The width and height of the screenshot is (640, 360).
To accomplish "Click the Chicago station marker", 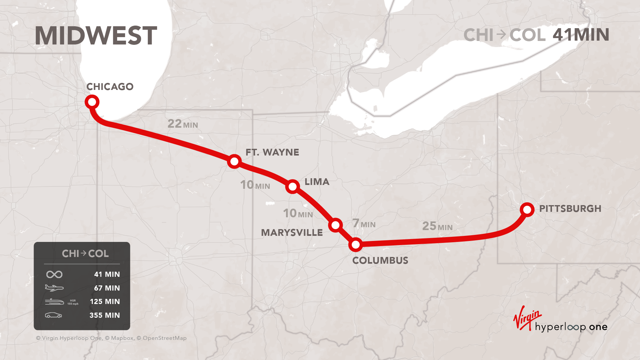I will [92, 102].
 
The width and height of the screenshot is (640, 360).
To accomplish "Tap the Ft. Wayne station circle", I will [234, 161].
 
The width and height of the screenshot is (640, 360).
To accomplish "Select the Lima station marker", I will [292, 187].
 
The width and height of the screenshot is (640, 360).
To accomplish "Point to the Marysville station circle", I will [335, 225].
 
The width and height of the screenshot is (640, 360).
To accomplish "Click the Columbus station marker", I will [356, 245].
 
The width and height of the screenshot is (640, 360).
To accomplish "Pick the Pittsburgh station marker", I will [527, 210].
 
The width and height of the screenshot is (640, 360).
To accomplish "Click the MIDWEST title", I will [96, 36].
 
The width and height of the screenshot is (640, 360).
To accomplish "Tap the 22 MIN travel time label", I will [183, 124].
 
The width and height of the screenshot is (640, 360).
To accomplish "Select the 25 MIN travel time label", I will [437, 226].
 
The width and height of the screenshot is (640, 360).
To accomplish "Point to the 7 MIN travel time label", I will [364, 223].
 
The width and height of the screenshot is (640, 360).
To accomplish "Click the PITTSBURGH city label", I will [570, 209].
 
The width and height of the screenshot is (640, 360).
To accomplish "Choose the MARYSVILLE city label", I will [292, 233].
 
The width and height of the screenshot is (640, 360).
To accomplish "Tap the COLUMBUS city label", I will [380, 260].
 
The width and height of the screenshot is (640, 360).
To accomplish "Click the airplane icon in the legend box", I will [54, 288].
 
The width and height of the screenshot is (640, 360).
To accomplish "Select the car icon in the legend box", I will [53, 315].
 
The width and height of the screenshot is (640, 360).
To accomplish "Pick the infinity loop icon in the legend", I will [54, 274].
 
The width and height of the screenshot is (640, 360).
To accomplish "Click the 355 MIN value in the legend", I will [105, 315].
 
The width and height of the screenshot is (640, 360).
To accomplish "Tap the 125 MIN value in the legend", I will [105, 301].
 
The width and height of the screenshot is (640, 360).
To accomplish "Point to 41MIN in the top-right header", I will [581, 35].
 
